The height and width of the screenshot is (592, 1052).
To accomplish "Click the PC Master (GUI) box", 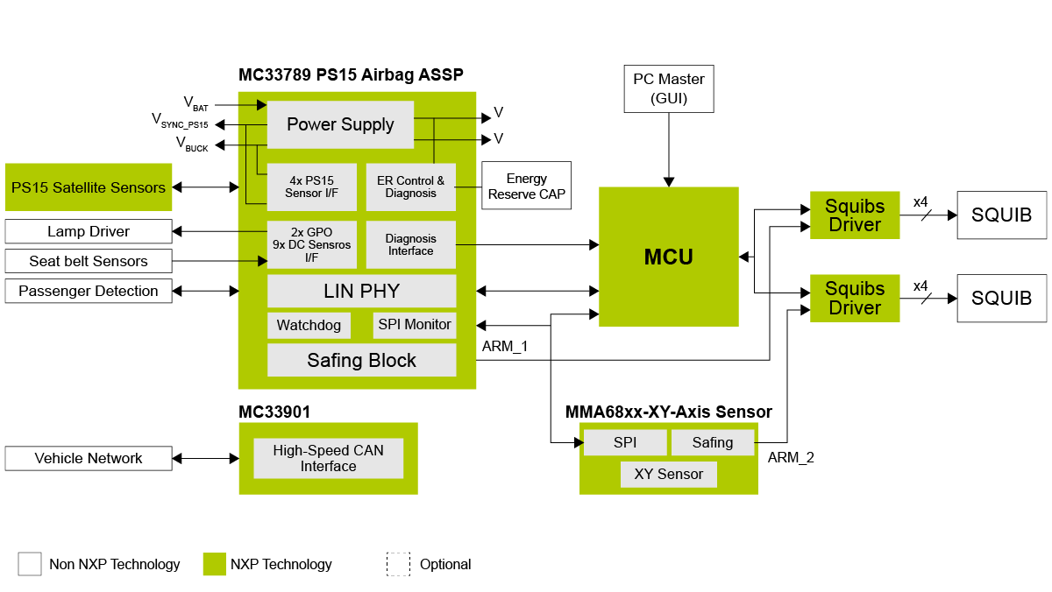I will tap(669, 88).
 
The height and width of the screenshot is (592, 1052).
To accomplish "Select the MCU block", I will tap(668, 257).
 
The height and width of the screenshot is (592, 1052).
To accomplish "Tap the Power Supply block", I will tap(340, 124).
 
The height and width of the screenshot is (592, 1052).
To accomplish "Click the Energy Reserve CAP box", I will tap(526, 186).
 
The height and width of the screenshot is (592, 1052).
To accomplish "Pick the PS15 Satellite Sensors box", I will tap(88, 187).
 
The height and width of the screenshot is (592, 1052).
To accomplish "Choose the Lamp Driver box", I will tap(88, 231).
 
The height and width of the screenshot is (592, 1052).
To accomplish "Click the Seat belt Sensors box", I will tap(88, 261).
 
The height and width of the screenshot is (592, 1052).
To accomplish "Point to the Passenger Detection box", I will tap(88, 291).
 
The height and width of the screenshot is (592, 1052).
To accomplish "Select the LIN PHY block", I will tap(361, 291).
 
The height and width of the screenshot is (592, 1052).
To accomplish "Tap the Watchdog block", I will tap(309, 325).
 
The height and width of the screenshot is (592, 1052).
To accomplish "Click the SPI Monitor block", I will tap(415, 325).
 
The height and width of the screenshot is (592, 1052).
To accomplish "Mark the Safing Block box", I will tap(361, 360).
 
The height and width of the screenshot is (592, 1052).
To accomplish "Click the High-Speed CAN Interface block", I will tap(328, 458).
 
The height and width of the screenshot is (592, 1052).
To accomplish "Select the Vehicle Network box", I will tap(88, 458).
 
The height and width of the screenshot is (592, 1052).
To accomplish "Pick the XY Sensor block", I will tap(668, 475).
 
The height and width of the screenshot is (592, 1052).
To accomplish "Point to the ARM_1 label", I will tap(505, 347).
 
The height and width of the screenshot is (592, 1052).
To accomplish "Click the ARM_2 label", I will tap(791, 457).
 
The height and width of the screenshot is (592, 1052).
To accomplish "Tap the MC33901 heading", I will tap(274, 412).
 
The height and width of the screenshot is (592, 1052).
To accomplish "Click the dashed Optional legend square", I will tap(398, 564).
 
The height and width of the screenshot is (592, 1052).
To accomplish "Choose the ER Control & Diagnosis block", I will tap(410, 187).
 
